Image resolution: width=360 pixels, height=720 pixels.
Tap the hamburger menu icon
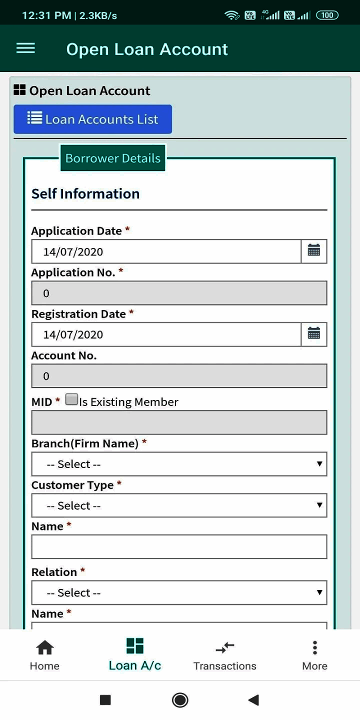click(25, 48)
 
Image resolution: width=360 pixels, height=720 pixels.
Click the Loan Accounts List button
click(92, 119)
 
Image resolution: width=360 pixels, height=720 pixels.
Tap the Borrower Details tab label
click(113, 158)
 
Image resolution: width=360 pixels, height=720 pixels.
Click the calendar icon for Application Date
click(314, 251)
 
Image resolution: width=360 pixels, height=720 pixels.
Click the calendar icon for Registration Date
click(314, 334)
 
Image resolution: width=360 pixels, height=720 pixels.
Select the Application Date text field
click(166, 251)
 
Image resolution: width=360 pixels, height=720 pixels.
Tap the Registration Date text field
click(166, 334)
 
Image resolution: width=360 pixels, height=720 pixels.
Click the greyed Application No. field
click(179, 293)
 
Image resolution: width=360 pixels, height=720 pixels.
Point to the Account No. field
click(179, 376)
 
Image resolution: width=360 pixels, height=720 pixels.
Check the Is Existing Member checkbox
click(72, 399)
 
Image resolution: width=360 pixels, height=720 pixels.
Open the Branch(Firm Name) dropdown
click(179, 464)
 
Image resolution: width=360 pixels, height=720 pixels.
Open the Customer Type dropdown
click(179, 505)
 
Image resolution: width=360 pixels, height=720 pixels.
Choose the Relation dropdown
click(179, 592)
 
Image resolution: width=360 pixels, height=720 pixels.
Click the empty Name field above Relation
click(179, 546)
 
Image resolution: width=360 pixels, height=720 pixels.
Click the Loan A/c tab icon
click(135, 646)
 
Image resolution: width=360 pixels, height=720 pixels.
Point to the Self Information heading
click(85, 193)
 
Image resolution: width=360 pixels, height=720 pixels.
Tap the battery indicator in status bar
click(327, 15)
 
